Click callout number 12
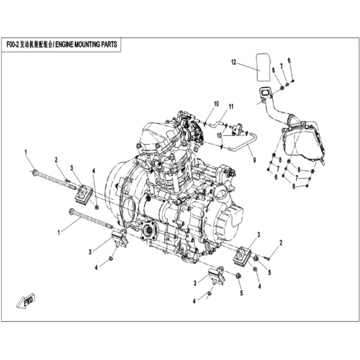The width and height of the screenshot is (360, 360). coord(234,62)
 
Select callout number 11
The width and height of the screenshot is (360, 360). coord(231,107)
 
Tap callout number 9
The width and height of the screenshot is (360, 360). coord(254,160)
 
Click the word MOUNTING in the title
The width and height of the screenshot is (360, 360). coord(88,44)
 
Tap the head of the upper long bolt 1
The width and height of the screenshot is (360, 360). coord(35,172)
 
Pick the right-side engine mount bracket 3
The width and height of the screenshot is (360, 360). coord(242,256)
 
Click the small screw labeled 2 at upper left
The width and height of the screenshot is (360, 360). coord(67,181)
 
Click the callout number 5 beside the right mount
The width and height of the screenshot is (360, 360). coord(270,273)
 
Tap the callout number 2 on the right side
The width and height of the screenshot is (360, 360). coord(280,243)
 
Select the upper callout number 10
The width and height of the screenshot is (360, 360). coord(216,104)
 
